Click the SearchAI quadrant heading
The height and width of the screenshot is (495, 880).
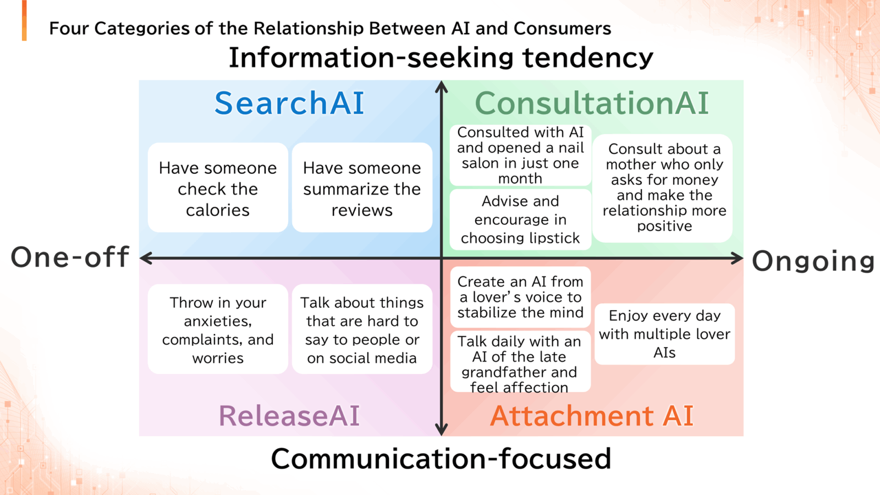[x=289, y=103]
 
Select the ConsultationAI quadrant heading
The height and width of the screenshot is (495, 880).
[x=592, y=103]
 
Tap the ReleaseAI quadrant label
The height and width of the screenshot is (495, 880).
[x=289, y=415]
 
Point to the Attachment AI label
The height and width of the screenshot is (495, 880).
[x=592, y=415]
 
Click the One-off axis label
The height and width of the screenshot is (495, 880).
[x=70, y=257]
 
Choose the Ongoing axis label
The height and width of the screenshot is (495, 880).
[x=813, y=261]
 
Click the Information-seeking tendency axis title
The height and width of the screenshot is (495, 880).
[x=441, y=57]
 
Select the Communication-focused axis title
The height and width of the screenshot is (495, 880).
[x=441, y=458]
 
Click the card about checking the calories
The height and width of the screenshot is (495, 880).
[x=218, y=188]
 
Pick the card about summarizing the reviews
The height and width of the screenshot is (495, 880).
[x=362, y=188]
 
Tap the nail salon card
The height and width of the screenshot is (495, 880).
[x=520, y=155]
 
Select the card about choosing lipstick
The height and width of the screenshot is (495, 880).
[x=520, y=219]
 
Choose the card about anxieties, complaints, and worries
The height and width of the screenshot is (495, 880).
[x=218, y=329]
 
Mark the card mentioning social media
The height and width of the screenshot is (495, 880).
[x=362, y=329]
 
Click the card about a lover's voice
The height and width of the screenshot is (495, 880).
[x=520, y=297]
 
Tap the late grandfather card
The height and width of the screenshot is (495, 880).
[x=520, y=361]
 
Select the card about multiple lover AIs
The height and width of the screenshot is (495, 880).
[x=664, y=334]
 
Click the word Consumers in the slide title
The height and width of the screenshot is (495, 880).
[x=562, y=28]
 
